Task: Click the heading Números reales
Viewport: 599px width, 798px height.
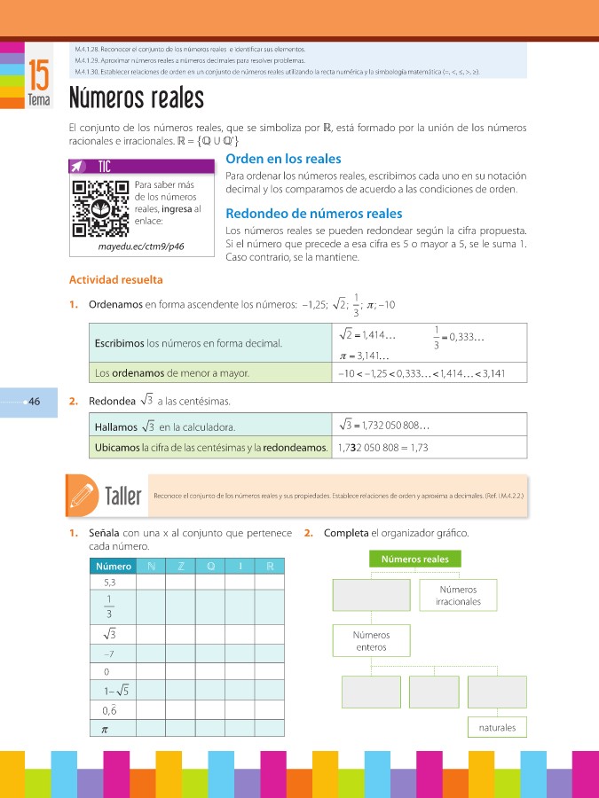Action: tap(136, 96)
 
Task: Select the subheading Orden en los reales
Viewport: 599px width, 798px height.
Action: tap(283, 159)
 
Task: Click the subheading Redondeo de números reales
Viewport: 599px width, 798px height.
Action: tap(314, 214)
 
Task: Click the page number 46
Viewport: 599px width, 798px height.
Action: tap(35, 401)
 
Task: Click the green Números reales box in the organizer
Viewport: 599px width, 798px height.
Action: tap(415, 559)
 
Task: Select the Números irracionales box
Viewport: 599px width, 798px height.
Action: tap(458, 596)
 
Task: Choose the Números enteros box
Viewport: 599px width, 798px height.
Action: tap(371, 641)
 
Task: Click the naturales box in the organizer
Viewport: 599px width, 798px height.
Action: tap(495, 728)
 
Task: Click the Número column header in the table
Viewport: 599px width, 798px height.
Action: tap(113, 567)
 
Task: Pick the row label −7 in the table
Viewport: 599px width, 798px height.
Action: tap(108, 653)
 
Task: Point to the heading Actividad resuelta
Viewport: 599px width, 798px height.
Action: tap(116, 280)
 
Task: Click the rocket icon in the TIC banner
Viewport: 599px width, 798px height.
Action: tap(79, 166)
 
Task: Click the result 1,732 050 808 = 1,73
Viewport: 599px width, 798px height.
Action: tap(383, 448)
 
